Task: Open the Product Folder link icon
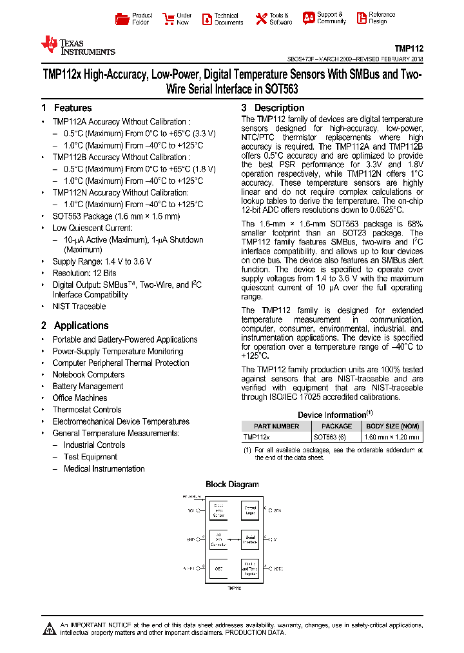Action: click(122, 19)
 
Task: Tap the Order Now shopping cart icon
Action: click(168, 19)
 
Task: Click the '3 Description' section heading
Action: click(273, 108)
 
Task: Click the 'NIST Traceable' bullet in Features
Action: click(79, 306)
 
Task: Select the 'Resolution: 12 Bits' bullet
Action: click(84, 273)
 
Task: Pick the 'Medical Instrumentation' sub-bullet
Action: click(104, 469)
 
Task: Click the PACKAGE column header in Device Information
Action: click(336, 426)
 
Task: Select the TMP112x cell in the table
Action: click(257, 437)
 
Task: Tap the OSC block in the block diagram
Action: click(219, 568)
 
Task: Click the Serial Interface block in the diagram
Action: click(250, 539)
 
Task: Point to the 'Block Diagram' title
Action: click(232, 485)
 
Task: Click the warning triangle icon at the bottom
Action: click(49, 628)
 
